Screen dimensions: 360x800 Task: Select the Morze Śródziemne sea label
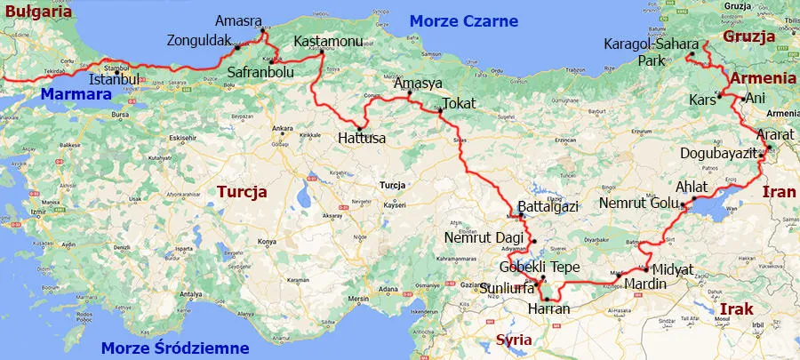[x=175, y=348]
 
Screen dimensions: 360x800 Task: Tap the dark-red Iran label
[x=780, y=191]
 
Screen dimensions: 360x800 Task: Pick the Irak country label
[x=735, y=308]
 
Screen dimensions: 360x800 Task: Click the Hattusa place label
[x=362, y=139]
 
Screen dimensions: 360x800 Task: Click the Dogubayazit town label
[x=718, y=153]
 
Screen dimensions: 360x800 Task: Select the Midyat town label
[x=672, y=269]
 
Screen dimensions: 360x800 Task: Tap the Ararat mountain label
[x=772, y=134]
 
